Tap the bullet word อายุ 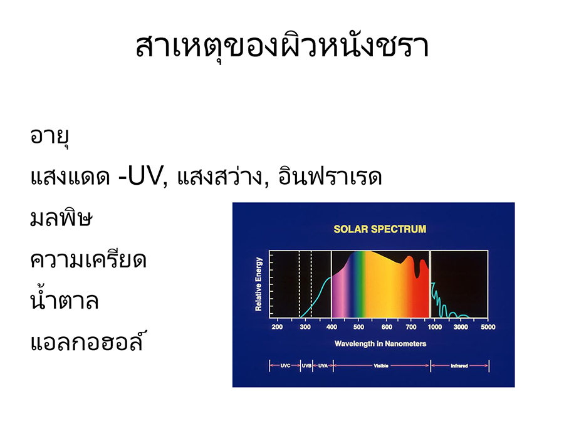coord(50,137)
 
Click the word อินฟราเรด coord(330,175)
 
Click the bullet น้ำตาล coord(65,299)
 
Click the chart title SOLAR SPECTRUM coord(380,229)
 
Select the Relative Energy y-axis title coord(259,284)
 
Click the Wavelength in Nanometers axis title coord(380,344)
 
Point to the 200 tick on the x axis coord(277,327)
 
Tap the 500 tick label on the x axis coord(358,327)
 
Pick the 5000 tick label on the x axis coord(488,327)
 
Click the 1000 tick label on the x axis coord(434,327)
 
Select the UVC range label coord(285,366)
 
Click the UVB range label coord(306,366)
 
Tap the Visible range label coord(381,366)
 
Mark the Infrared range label coord(459,366)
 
